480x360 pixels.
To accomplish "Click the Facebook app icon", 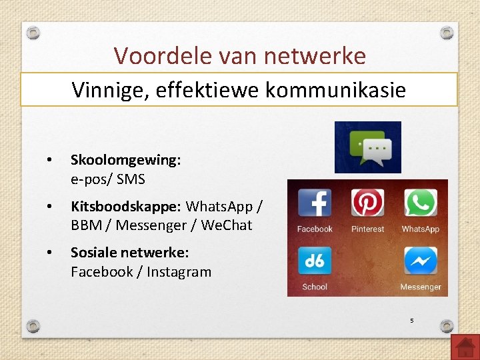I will pyautogui.click(x=315, y=203).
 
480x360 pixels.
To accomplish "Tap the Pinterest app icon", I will pyautogui.click(x=367, y=203).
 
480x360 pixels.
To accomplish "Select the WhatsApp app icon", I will pyautogui.click(x=420, y=203).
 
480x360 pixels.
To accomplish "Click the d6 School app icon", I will pyautogui.click(x=315, y=261).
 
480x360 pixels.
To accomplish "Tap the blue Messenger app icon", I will pyautogui.click(x=420, y=261).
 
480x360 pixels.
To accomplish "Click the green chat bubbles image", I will pyautogui.click(x=367, y=147).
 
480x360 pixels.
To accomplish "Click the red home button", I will pyautogui.click(x=465, y=347).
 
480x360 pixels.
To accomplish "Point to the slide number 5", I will pyautogui.click(x=411, y=321).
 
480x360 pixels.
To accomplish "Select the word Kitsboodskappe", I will pyautogui.click(x=126, y=207).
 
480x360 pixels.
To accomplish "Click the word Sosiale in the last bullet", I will pyautogui.click(x=94, y=253).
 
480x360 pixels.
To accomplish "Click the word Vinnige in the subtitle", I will pyautogui.click(x=109, y=89).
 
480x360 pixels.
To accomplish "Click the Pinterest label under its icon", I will pyautogui.click(x=367, y=229).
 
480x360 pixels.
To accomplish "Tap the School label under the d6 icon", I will pyautogui.click(x=315, y=287).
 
